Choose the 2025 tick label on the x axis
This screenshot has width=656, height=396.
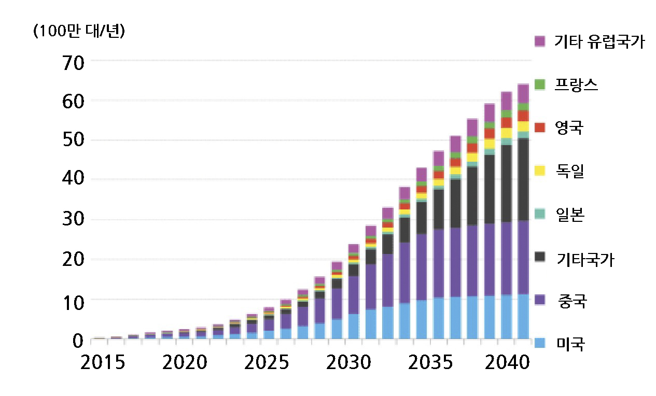(x=267, y=362)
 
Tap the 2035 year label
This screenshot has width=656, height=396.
(x=430, y=362)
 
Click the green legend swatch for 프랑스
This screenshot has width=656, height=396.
(x=540, y=84)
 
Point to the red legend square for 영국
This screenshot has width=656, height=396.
(x=540, y=127)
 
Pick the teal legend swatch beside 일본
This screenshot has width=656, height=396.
(x=540, y=214)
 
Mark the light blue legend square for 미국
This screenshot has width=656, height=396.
(x=540, y=343)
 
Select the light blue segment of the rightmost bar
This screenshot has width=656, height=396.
(x=523, y=316)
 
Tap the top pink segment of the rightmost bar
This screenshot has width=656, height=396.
(x=523, y=93)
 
